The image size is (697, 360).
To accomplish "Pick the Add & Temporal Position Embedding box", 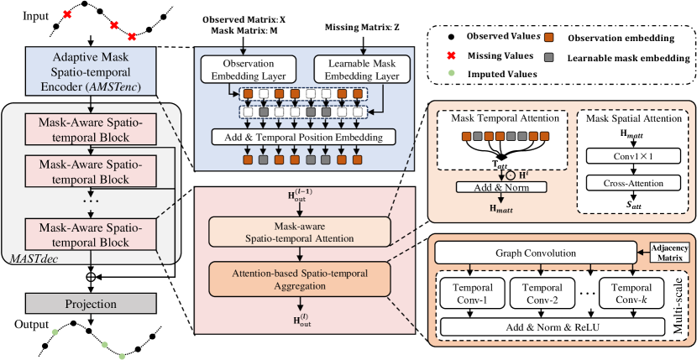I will click(305, 137).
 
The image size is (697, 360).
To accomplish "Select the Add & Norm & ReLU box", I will click(534, 325).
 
